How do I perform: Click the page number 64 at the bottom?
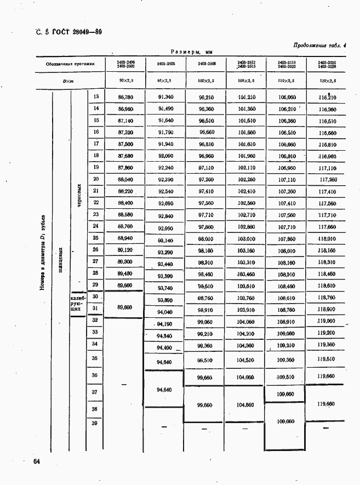(36, 462)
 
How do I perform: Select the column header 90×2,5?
(125, 81)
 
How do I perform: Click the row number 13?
(95, 97)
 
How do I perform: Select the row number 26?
(95, 250)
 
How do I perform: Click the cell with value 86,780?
(125, 98)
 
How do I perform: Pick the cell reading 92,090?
(165, 156)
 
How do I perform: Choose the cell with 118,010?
(327, 239)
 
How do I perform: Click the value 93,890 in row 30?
(165, 300)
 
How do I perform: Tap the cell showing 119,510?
(327, 360)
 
